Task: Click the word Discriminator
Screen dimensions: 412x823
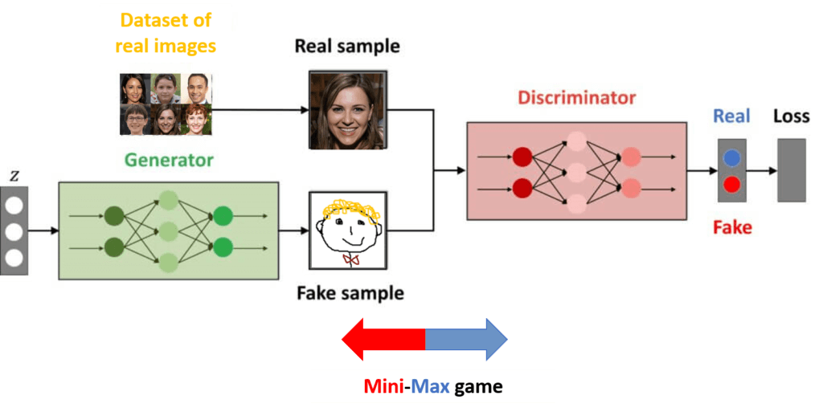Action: click(x=576, y=99)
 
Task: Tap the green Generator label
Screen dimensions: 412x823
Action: click(x=169, y=161)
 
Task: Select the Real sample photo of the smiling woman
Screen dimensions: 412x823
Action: click(x=348, y=110)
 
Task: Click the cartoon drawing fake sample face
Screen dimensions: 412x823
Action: click(x=348, y=230)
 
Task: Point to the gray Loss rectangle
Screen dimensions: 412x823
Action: click(x=791, y=170)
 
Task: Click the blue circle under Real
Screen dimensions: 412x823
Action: click(x=731, y=158)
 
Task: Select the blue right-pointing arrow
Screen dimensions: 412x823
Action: click(x=467, y=341)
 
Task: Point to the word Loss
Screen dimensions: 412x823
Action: click(x=791, y=117)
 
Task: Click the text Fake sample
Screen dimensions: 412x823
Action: click(x=350, y=293)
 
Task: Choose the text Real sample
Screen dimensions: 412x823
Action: click(x=347, y=46)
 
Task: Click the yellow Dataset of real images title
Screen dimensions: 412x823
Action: click(x=166, y=32)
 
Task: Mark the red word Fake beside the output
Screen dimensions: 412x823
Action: click(x=732, y=227)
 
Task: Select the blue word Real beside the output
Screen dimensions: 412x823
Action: click(x=731, y=117)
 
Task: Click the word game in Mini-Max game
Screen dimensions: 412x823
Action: click(x=478, y=387)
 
